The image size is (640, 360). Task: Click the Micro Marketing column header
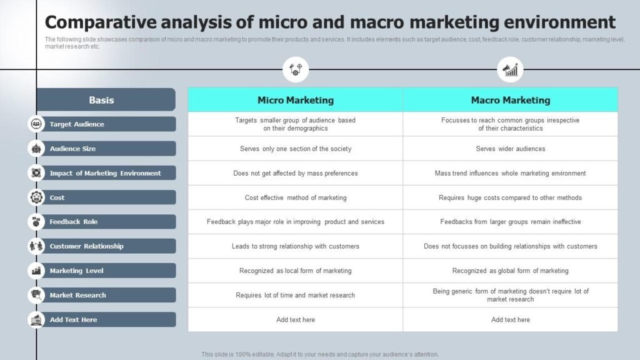pyautogui.click(x=295, y=100)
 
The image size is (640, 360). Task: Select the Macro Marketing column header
pyautogui.click(x=510, y=100)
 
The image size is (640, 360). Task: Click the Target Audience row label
pyautogui.click(x=77, y=124)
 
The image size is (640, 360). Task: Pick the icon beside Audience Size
pyautogui.click(x=36, y=149)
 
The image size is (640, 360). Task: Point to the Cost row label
pyautogui.click(x=57, y=197)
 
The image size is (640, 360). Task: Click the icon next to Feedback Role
pyautogui.click(x=36, y=222)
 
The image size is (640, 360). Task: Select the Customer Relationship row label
pyautogui.click(x=86, y=246)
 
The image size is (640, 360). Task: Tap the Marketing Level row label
pyautogui.click(x=76, y=271)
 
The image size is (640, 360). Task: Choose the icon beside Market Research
pyautogui.click(x=36, y=295)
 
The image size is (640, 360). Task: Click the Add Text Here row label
pyautogui.click(x=73, y=320)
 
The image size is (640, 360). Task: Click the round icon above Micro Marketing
pyautogui.click(x=296, y=69)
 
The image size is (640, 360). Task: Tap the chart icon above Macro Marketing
pyautogui.click(x=510, y=69)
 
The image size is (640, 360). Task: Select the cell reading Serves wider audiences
pyautogui.click(x=510, y=149)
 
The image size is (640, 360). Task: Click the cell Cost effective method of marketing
pyautogui.click(x=295, y=197)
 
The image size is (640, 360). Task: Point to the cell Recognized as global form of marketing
pyautogui.click(x=510, y=271)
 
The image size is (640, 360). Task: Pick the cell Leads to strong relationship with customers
pyautogui.click(x=295, y=246)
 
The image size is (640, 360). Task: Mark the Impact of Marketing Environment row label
pyautogui.click(x=105, y=173)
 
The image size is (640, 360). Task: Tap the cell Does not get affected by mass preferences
pyautogui.click(x=295, y=173)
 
